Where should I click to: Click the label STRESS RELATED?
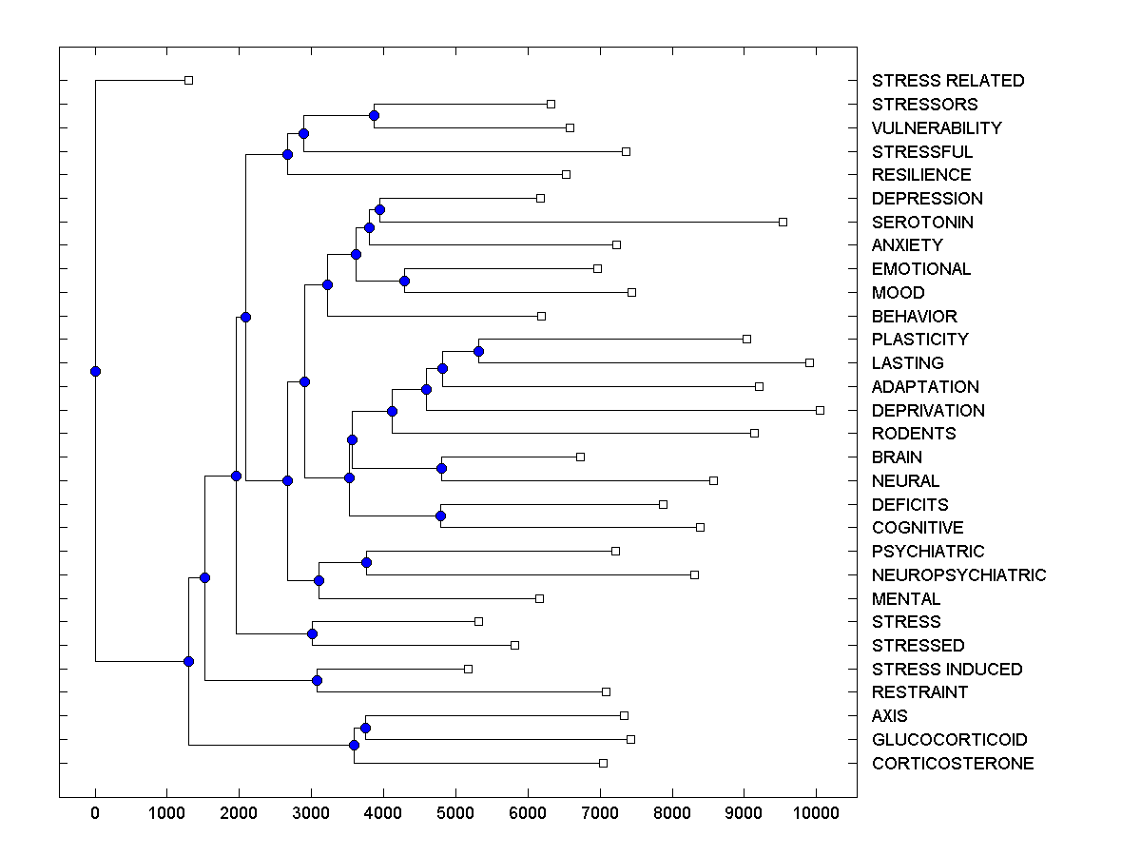948,81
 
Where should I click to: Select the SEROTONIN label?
922,223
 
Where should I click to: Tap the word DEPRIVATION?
928,411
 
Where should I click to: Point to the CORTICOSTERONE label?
953,764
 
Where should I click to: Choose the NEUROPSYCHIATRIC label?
958,575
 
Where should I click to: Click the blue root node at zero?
95,371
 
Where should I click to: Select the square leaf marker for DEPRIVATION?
820,410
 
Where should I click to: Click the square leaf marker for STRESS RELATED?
188,80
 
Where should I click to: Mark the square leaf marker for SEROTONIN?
783,222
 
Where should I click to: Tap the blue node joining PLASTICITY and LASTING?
478,352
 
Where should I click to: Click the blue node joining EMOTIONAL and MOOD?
404,281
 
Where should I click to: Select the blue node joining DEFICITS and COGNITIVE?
440,516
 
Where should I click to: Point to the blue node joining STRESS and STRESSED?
312,633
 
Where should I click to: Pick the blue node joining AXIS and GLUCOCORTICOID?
365,728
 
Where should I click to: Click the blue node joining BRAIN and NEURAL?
441,468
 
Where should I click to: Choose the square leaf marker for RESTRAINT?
606,691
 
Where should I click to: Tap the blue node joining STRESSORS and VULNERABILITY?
374,115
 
